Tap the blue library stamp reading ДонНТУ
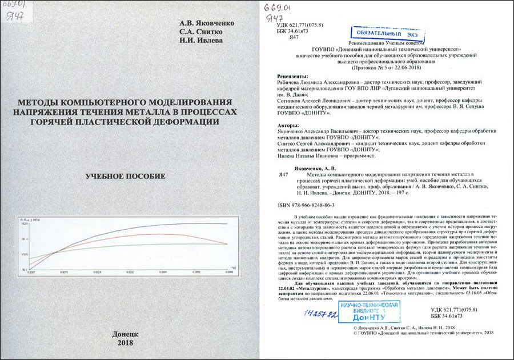pos(364,311)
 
